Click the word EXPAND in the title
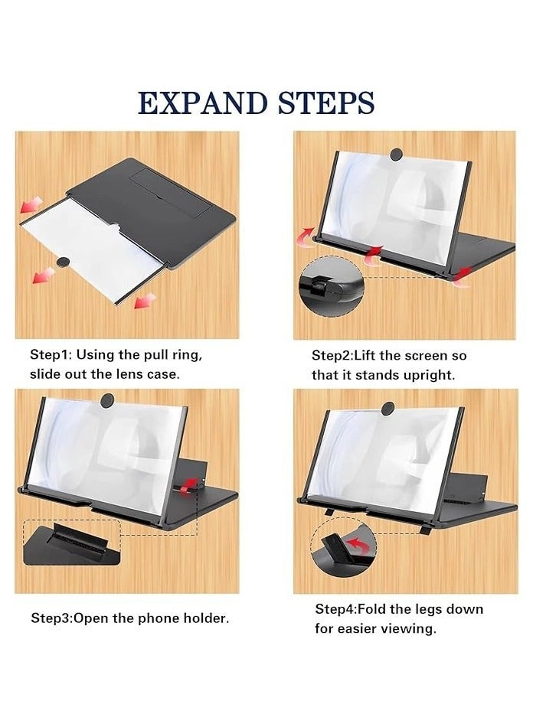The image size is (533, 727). pyautogui.click(x=203, y=103)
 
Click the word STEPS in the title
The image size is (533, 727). pyautogui.click(x=325, y=103)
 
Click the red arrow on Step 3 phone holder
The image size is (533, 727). pyautogui.click(x=186, y=483)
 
